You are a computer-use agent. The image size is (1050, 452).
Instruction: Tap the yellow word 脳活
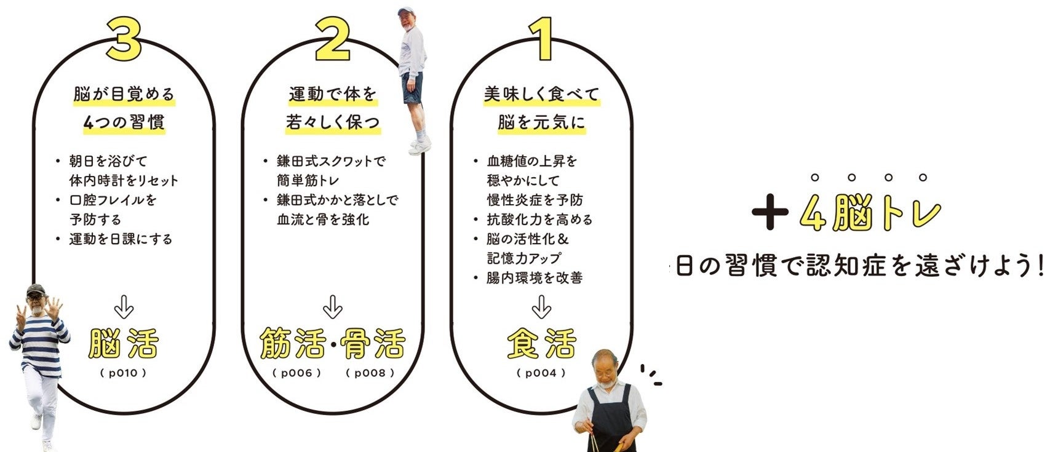tap(124, 343)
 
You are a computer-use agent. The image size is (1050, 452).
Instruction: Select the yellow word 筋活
tap(292, 343)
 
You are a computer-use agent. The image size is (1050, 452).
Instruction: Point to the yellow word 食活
tap(541, 343)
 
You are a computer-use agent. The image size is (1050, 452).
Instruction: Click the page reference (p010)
tap(123, 373)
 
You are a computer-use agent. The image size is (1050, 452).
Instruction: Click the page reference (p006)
tap(297, 373)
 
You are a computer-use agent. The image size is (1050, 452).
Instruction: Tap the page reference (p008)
tap(370, 373)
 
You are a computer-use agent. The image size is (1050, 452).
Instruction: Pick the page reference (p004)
tap(541, 373)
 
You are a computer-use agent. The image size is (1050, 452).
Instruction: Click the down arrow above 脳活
tap(124, 307)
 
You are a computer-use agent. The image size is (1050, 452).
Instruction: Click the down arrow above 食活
tap(541, 307)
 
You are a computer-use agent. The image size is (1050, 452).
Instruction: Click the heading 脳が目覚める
tap(124, 94)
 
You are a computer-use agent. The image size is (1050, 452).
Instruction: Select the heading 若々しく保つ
tap(333, 122)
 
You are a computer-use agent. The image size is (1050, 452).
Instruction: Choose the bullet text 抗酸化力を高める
tap(539, 220)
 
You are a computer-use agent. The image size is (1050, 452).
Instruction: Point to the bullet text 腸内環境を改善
tap(535, 278)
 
